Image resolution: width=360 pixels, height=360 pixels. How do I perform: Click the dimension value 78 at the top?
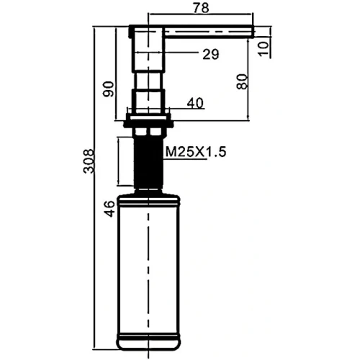pos(201,8)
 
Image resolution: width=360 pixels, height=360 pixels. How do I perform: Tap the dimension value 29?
pos(211,54)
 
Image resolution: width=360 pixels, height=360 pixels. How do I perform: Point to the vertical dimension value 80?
pos(242,81)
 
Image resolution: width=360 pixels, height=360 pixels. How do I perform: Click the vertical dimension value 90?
pos(109,89)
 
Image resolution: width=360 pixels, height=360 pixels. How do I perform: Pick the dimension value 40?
pos(195,104)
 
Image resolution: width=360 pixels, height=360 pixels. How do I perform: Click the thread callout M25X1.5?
pos(196,152)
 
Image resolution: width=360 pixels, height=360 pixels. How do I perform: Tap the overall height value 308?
pos(89,161)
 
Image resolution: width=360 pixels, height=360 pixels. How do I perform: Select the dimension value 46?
pos(110,209)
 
